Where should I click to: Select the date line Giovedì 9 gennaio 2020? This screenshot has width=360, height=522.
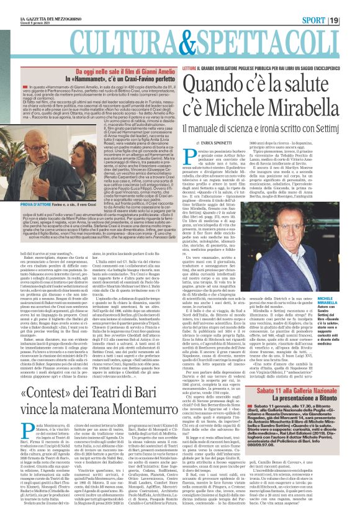tap(25, 12)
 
